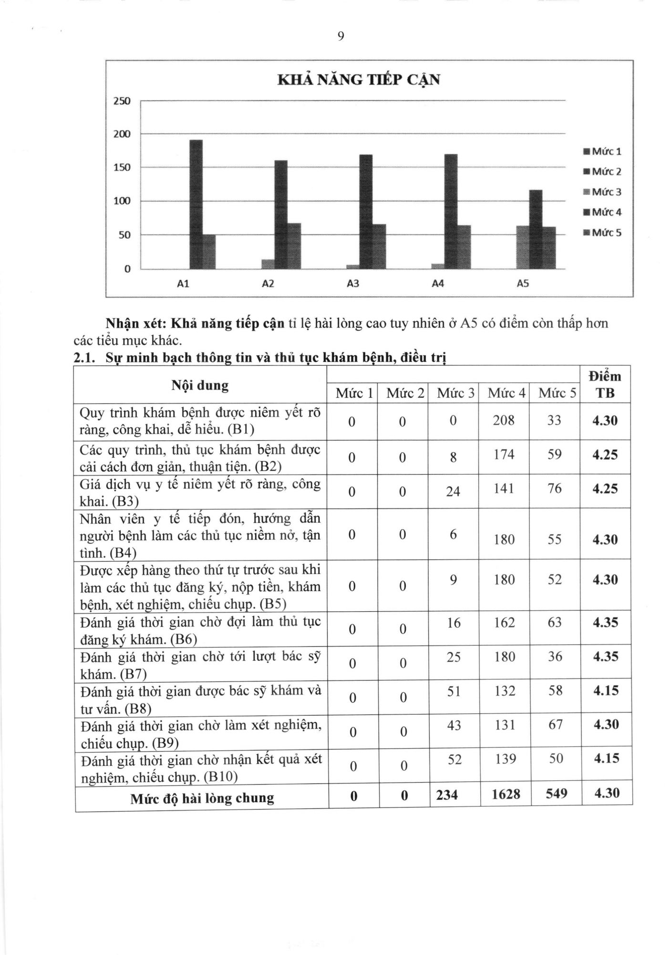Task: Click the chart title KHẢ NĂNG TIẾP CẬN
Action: coord(358,80)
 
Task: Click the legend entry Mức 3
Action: coord(602,192)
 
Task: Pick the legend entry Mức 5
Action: coord(602,233)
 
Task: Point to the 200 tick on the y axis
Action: coord(122,134)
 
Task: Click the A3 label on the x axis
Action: coord(353,284)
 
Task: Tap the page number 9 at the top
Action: coord(341,37)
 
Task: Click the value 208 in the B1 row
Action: coord(504,421)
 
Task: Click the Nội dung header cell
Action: coord(200,385)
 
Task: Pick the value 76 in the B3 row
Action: coord(555,489)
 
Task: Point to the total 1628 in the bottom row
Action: coord(506,795)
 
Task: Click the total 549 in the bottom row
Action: coord(556,794)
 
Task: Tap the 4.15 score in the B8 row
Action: coord(606,691)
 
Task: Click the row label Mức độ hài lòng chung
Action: coord(202,798)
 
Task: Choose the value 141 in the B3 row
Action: coord(504,489)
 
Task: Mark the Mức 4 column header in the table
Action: coord(506,393)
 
